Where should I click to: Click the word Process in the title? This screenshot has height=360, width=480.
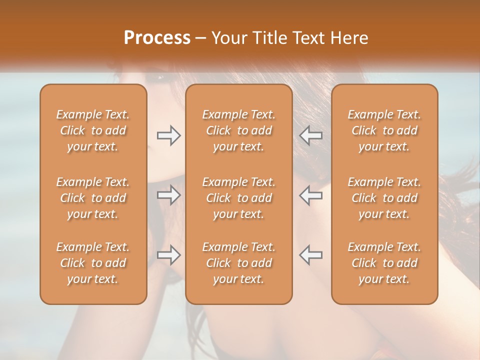(x=157, y=38)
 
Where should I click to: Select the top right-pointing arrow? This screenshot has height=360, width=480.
(x=169, y=135)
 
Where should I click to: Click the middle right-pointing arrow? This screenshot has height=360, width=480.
(x=169, y=195)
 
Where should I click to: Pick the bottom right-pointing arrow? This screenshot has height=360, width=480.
(x=169, y=255)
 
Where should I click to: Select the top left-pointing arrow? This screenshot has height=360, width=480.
(x=310, y=135)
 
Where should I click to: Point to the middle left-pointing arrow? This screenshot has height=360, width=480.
(x=310, y=195)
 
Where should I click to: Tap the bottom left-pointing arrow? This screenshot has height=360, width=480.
(x=310, y=255)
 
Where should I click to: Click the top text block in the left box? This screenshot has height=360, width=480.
(x=93, y=130)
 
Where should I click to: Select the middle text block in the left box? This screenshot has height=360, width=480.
(x=93, y=198)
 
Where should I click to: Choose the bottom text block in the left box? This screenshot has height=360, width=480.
(x=93, y=263)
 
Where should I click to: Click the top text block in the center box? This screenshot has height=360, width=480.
(x=238, y=130)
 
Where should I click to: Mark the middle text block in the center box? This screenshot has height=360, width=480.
(x=238, y=198)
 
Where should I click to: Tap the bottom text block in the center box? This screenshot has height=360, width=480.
(x=238, y=263)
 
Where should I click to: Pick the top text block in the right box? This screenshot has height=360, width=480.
(x=384, y=130)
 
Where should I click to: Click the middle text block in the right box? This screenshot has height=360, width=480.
(x=384, y=198)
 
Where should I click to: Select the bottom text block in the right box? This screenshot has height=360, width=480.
(x=384, y=263)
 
